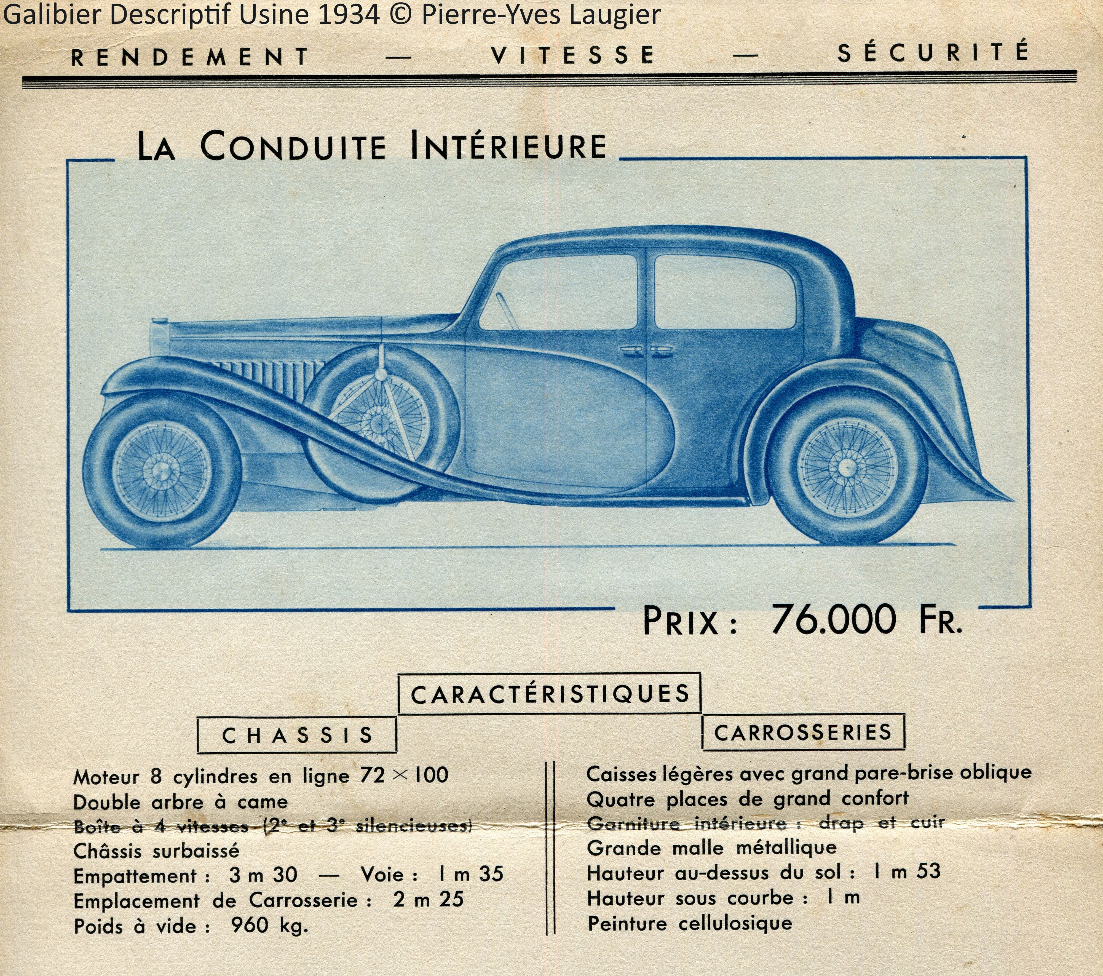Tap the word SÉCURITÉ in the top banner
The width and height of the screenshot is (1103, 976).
pos(933,53)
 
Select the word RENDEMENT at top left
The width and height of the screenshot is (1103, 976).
pos(190,57)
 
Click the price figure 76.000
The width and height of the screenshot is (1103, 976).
pos(834,620)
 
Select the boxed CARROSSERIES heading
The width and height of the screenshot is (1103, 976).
pos(803,732)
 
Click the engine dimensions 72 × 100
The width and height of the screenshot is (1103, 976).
pos(404,775)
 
